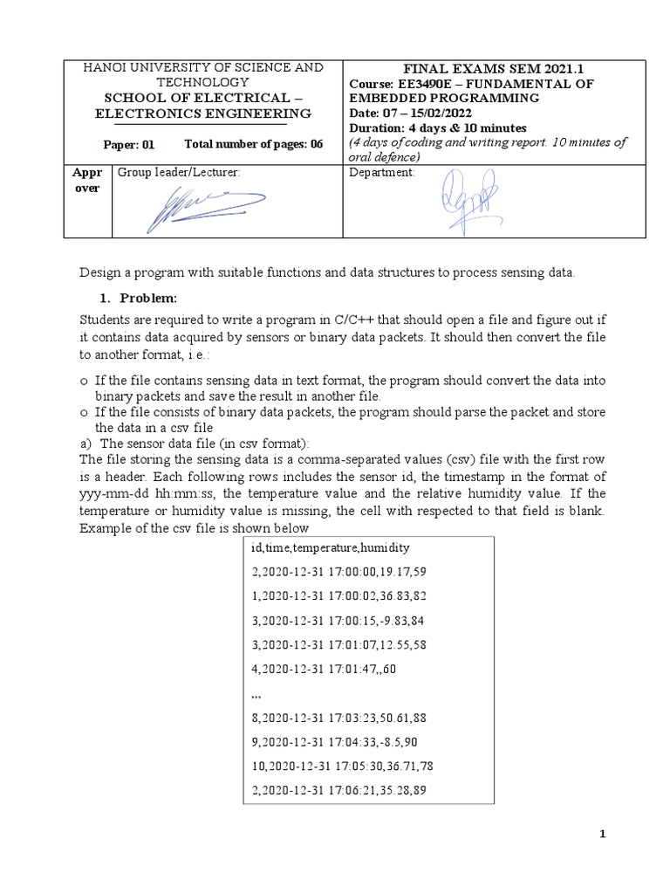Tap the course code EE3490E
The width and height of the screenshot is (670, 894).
pos(420,83)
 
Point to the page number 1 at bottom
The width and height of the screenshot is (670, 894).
pos(602,835)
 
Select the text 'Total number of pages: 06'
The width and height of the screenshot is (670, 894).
pos(253,144)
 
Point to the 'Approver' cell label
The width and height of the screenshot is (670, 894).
pos(87,180)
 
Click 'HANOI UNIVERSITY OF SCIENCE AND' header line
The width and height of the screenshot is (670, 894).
pos(202,67)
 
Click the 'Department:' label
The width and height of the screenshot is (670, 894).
pos(382,172)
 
